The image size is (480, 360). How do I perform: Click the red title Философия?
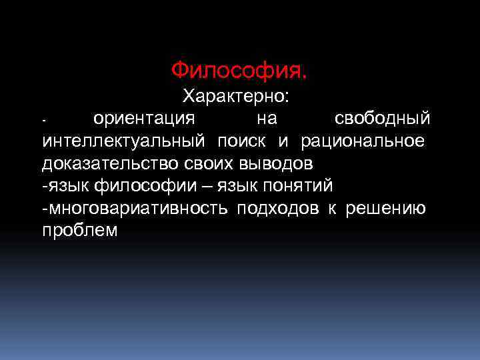click(239, 69)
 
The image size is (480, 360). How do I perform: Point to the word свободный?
click(382, 119)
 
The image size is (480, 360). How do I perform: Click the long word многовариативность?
click(137, 208)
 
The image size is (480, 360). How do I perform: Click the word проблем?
click(80, 230)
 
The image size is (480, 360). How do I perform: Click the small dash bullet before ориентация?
click(43, 121)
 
